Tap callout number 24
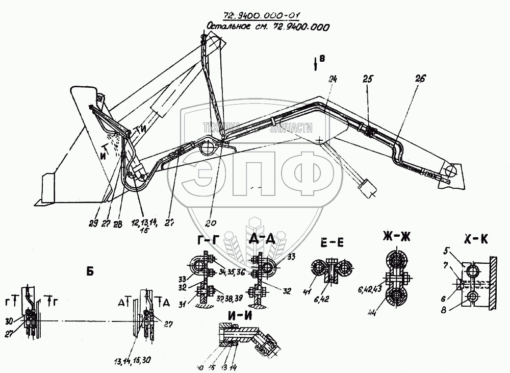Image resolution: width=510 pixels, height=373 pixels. (x=333, y=79)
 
